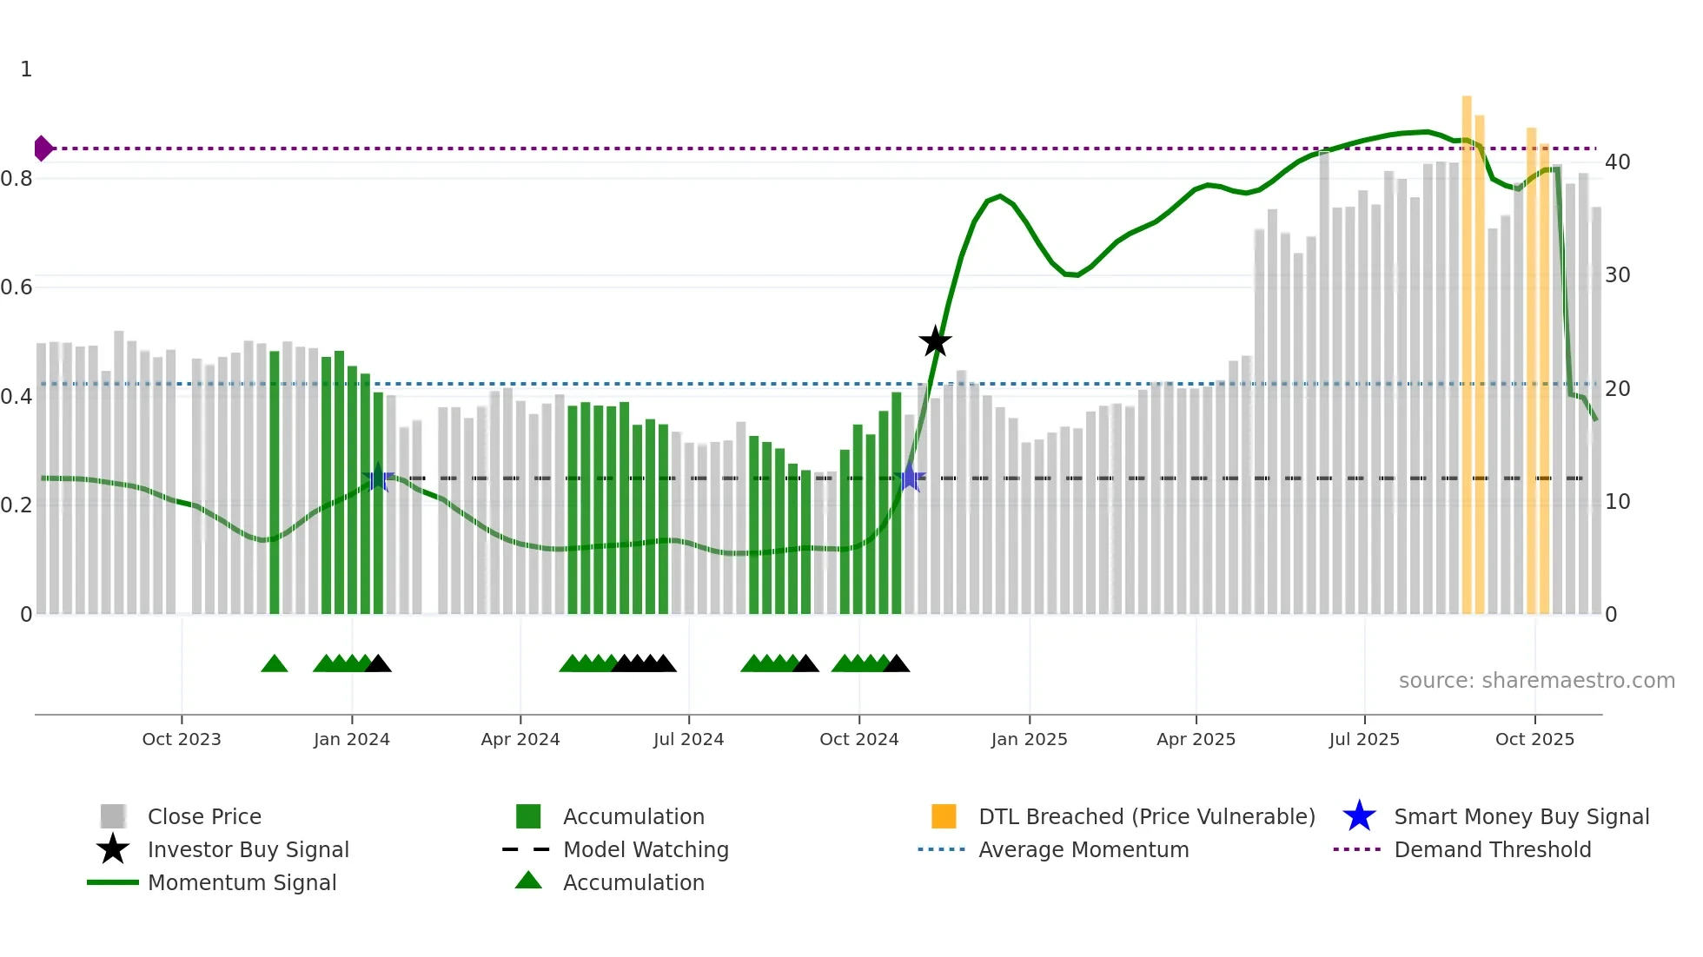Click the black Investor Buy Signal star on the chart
pyautogui.click(x=935, y=342)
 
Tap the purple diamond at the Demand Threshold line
pyautogui.click(x=43, y=148)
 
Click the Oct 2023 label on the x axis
pyautogui.click(x=182, y=739)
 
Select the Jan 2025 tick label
pyautogui.click(x=1029, y=739)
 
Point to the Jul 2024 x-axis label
pyautogui.click(x=688, y=739)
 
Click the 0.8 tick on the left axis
pyautogui.click(x=17, y=179)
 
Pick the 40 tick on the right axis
pyautogui.click(x=1617, y=162)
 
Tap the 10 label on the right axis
pyautogui.click(x=1617, y=502)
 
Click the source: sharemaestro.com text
pyautogui.click(x=1536, y=681)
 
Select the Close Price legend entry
pyautogui.click(x=204, y=816)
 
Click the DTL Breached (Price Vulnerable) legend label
pyautogui.click(x=1146, y=816)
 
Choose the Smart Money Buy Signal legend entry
pyautogui.click(x=1521, y=816)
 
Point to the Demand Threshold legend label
pyautogui.click(x=1492, y=849)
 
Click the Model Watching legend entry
pyautogui.click(x=645, y=849)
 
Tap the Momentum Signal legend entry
pyautogui.click(x=242, y=882)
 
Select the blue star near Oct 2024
pyautogui.click(x=909, y=478)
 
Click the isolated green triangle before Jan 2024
pyautogui.click(x=274, y=664)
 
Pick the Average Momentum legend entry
pyautogui.click(x=1083, y=849)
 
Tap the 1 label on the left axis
pyautogui.click(x=26, y=69)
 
